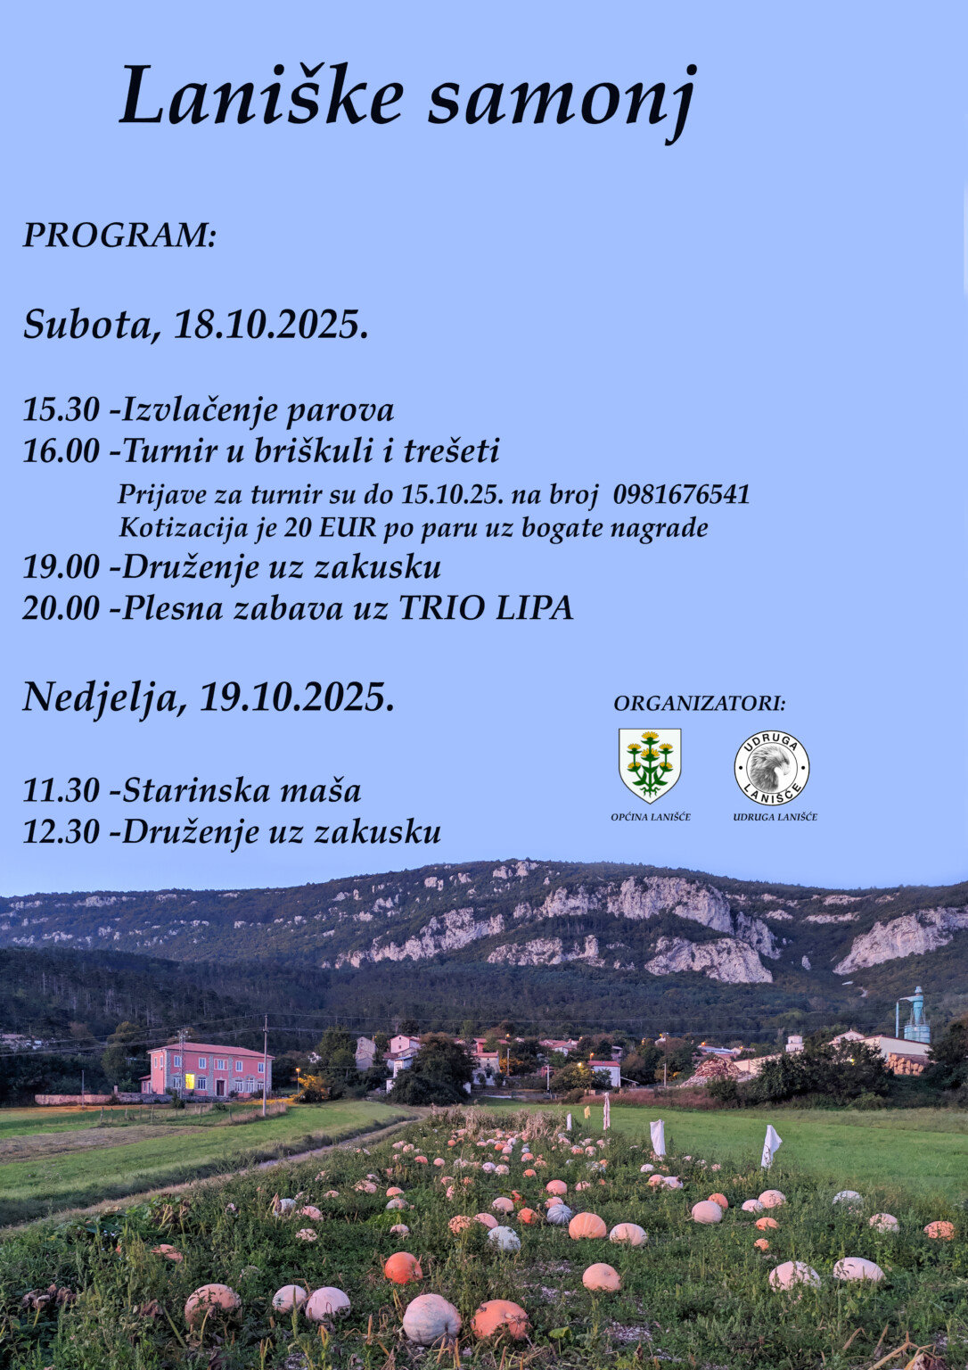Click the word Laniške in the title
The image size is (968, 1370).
tap(261, 96)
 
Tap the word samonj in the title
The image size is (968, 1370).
tap(561, 98)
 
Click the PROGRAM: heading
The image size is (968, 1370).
tap(119, 235)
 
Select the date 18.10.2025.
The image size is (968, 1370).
tap(271, 325)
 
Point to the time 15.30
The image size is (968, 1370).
tap(61, 410)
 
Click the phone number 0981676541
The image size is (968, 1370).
tap(681, 495)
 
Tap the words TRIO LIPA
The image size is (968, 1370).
tap(485, 608)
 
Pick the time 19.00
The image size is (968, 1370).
tap(61, 567)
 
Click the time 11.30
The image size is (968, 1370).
tap(61, 790)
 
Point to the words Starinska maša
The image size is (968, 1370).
tap(242, 790)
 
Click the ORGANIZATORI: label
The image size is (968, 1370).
tap(700, 704)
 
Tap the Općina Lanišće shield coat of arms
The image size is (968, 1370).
tap(650, 765)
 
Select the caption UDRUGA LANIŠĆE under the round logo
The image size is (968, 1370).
tap(775, 817)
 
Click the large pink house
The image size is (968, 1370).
tap(209, 1069)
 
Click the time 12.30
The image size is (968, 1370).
tap(61, 831)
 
